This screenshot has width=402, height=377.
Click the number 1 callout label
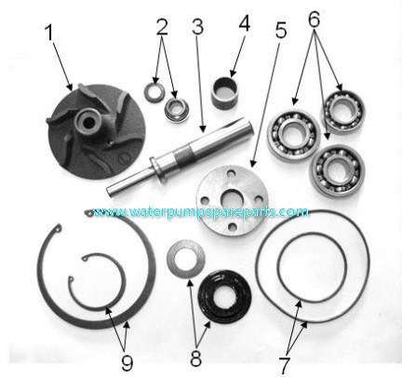49,33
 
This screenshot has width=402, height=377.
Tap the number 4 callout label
244,23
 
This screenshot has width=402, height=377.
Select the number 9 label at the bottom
127,362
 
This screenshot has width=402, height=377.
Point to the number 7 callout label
284,365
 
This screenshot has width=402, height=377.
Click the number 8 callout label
195,357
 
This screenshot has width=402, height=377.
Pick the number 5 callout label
281,30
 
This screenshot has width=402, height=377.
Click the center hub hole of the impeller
89,123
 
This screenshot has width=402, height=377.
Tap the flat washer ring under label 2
154,92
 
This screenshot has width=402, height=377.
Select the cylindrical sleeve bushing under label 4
224,93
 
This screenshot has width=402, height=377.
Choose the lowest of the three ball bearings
337,170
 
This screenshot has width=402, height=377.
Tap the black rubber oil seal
225,296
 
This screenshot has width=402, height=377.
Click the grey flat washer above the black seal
185,259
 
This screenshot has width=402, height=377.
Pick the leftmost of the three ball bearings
293,134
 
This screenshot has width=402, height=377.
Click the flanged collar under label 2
177,110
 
